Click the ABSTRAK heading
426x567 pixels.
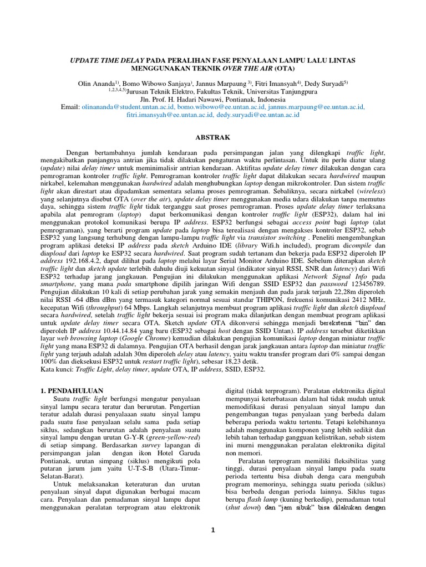213,137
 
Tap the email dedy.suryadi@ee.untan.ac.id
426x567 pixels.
258,115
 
